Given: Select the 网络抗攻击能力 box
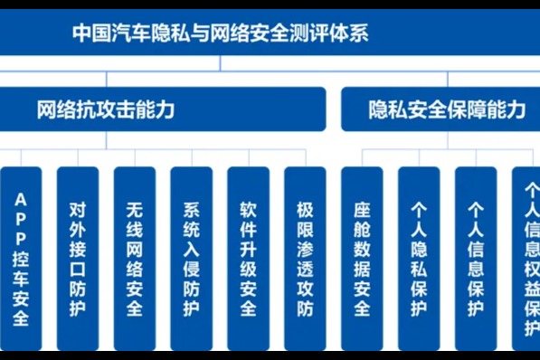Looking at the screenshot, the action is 163,109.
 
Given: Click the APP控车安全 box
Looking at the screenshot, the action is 20,258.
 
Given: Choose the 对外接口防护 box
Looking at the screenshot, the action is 78,258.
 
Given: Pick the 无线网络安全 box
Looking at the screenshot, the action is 134,258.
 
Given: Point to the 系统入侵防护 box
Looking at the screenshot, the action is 191,258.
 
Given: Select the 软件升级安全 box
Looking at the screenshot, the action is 248,258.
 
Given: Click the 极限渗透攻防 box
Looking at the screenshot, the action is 305,258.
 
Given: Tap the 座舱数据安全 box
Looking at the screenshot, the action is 362,258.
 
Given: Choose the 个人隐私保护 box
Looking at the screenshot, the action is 418,258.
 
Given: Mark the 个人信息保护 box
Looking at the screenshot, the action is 475,258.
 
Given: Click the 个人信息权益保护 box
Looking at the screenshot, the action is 527,258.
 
